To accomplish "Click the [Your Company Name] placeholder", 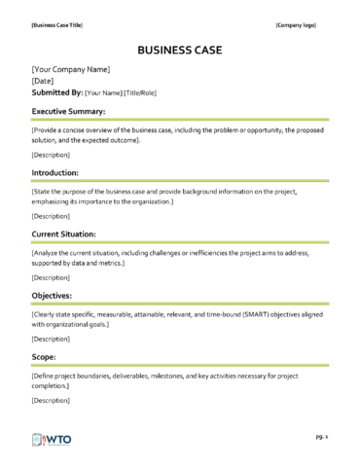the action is point(70,69).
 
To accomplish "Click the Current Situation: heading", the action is point(71,234).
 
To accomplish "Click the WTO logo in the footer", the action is point(57,439).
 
